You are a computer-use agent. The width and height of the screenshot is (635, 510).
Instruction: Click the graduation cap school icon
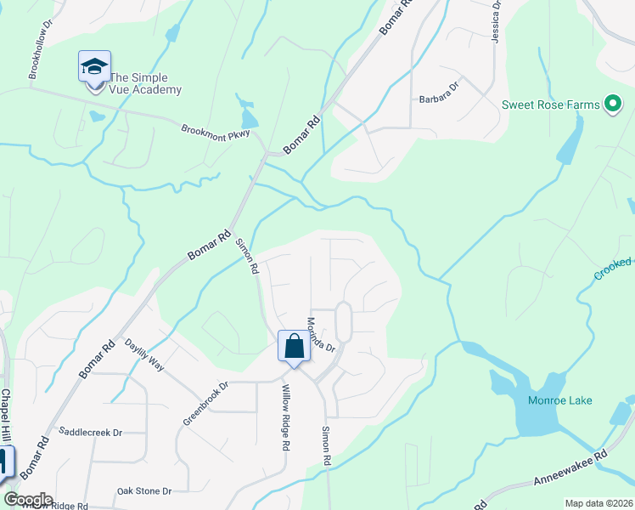click(95, 66)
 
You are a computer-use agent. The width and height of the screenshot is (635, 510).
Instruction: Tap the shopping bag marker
click(294, 347)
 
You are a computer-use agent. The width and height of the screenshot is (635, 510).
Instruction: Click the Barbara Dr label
click(438, 99)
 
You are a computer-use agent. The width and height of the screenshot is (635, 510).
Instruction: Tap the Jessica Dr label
click(496, 16)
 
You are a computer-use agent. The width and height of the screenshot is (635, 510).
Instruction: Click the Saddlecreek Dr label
click(90, 432)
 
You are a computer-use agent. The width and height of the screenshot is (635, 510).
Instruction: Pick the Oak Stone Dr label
click(144, 491)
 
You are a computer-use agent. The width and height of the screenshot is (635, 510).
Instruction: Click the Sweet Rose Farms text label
click(550, 105)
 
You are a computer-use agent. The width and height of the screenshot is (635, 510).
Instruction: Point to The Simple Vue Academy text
click(145, 83)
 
